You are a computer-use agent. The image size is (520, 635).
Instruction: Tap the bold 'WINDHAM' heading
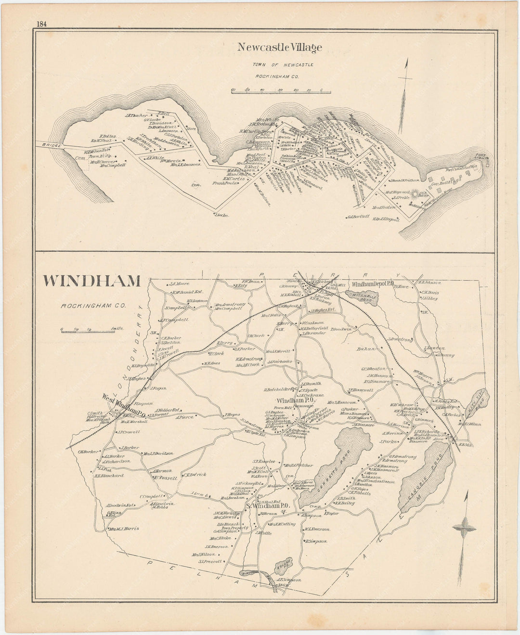pyautogui.click(x=92, y=281)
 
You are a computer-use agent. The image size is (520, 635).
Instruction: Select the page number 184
pyautogui.click(x=40, y=25)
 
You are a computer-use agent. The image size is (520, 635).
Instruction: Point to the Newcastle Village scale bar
pyautogui.click(x=280, y=91)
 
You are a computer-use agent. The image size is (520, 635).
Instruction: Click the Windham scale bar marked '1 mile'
pyautogui.click(x=91, y=330)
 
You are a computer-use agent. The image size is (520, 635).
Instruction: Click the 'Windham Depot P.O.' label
pyautogui.click(x=373, y=285)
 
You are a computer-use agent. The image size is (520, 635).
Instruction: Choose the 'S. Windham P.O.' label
pyautogui.click(x=268, y=506)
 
